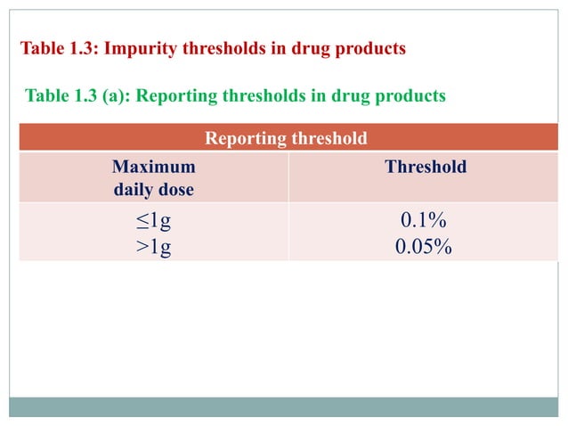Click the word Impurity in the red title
coord(142,48)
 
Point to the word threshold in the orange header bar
coord(328,138)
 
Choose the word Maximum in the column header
coord(153,167)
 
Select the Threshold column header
coord(425,167)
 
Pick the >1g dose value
coord(153,246)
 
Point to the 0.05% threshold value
coord(424,246)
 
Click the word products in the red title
coord(370,48)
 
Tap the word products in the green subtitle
coord(409,95)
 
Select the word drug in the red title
coord(312,48)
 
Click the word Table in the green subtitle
coord(48,95)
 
